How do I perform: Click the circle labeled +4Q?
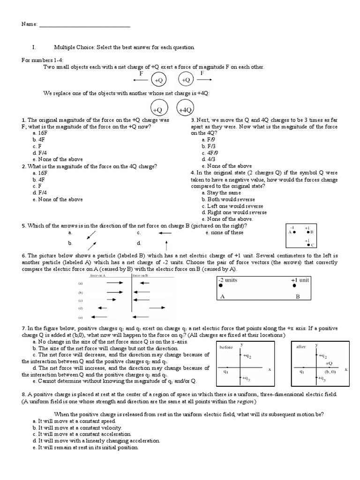pyautogui.click(x=186, y=109)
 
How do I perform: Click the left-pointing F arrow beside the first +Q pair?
pyautogui.click(x=141, y=81)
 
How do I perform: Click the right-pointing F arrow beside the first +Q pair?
pyautogui.click(x=202, y=81)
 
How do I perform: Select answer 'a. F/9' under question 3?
pyautogui.click(x=209, y=140)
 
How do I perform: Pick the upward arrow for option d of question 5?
pyautogui.click(x=166, y=244)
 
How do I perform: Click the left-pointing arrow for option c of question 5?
pyautogui.click(x=165, y=232)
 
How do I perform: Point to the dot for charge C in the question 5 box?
pyautogui.click(x=307, y=244)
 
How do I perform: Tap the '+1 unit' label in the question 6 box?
pyautogui.click(x=300, y=280)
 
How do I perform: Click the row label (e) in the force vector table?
pyautogui.click(x=80, y=317)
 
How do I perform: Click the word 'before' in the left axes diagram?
pyautogui.click(x=226, y=347)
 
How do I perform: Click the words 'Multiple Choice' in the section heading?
pyautogui.click(x=70, y=48)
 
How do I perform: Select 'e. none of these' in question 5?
pyautogui.click(x=225, y=232)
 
